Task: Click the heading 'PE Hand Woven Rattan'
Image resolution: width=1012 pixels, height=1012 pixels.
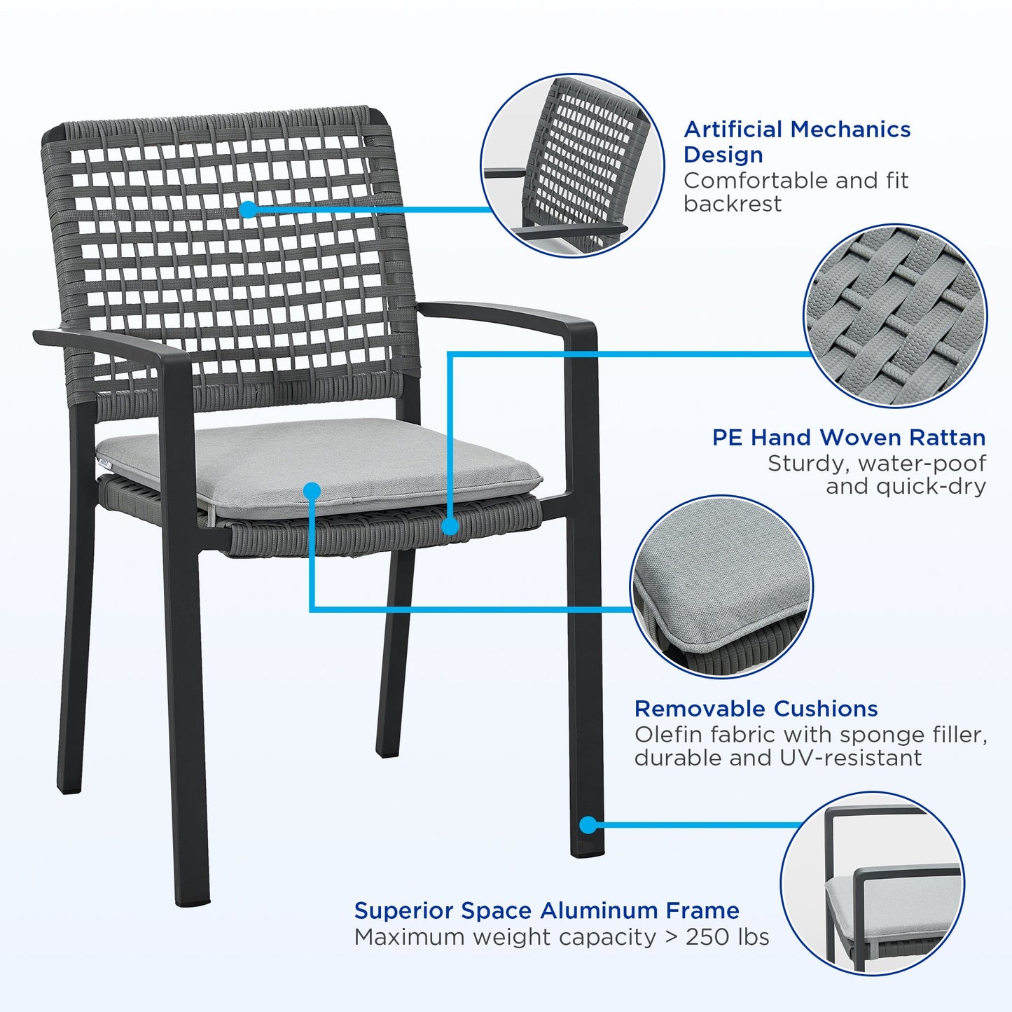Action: click(x=848, y=438)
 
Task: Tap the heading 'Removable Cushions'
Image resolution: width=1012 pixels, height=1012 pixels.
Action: click(x=756, y=709)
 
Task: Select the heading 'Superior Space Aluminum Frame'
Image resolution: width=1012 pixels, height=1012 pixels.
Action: click(x=546, y=910)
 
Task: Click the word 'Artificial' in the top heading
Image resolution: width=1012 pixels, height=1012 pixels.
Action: click(x=733, y=130)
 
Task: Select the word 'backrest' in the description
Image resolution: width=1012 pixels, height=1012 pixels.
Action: click(x=732, y=204)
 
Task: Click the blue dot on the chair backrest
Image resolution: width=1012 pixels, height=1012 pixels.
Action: click(x=248, y=209)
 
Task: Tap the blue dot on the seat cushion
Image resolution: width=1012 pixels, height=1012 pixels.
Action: click(x=312, y=491)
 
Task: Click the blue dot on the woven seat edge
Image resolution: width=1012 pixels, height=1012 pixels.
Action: click(x=450, y=526)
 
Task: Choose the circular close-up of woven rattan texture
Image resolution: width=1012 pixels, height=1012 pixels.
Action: click(x=895, y=315)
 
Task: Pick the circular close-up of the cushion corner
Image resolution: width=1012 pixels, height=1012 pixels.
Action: click(x=721, y=587)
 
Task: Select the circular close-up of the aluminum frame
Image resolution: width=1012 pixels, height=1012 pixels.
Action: click(x=872, y=882)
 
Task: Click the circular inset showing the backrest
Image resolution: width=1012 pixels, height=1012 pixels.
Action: click(x=572, y=165)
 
